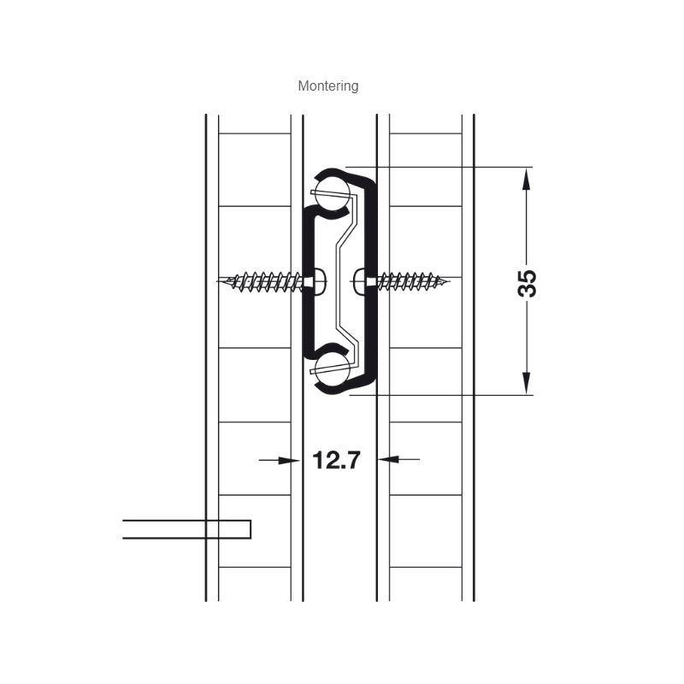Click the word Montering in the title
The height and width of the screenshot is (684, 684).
[x=328, y=86]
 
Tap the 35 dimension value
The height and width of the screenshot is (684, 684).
[x=527, y=284]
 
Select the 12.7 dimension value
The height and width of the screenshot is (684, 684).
[x=337, y=460]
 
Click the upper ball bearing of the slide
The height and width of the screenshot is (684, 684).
[x=333, y=194]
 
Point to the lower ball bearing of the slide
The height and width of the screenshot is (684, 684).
[x=333, y=369]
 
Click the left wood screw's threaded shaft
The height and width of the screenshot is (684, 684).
[x=266, y=282]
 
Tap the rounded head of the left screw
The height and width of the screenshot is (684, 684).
[x=320, y=282]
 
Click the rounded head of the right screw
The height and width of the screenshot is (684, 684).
[x=359, y=282]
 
